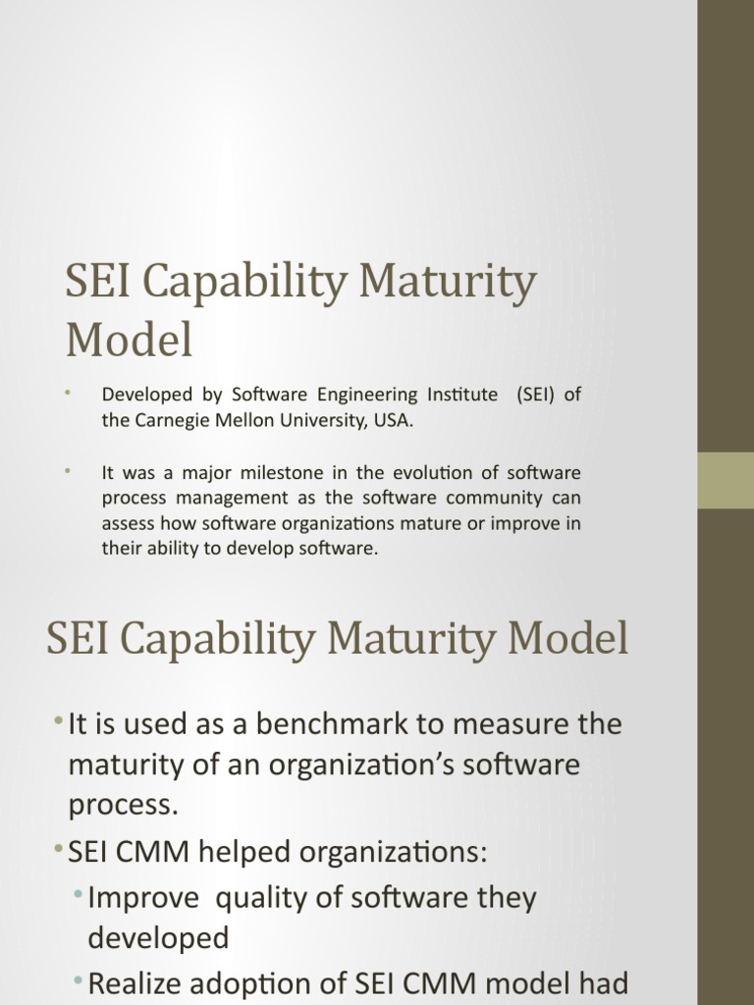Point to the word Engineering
point(350,396)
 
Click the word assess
point(127,524)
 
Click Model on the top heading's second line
point(129,341)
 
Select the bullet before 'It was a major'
point(69,472)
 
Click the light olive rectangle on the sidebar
point(726,480)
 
